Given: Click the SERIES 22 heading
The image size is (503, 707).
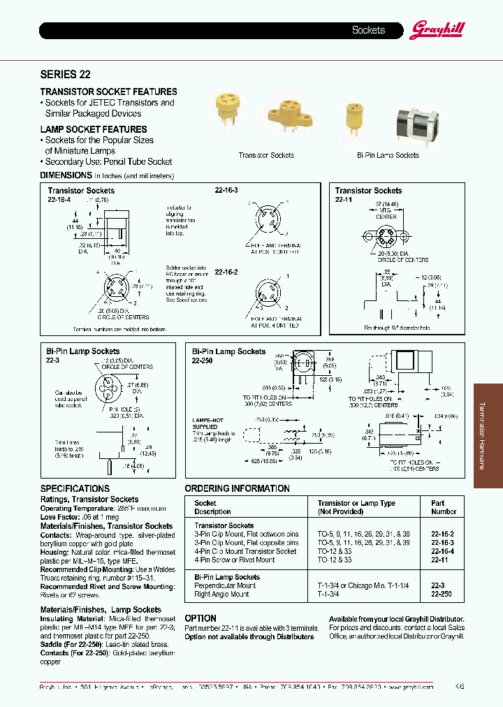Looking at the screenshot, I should point(66,74).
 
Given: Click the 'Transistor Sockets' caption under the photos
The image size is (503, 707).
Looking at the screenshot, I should point(266,155).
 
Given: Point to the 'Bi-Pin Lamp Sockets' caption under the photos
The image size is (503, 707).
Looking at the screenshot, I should point(388,155).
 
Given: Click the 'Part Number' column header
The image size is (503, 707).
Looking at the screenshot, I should point(443,507).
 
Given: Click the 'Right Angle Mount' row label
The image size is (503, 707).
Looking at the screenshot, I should point(221,595).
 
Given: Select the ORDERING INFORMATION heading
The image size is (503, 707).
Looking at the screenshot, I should point(237,488).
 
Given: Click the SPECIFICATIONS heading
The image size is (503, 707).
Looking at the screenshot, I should point(75,488).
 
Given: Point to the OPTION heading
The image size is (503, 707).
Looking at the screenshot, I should point(201,618).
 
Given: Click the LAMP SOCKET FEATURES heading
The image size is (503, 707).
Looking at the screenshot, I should point(94,129).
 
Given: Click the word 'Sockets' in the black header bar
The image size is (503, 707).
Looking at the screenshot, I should point(368,30).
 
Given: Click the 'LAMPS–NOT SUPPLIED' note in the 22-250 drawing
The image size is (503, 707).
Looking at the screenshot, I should point(205,423).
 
